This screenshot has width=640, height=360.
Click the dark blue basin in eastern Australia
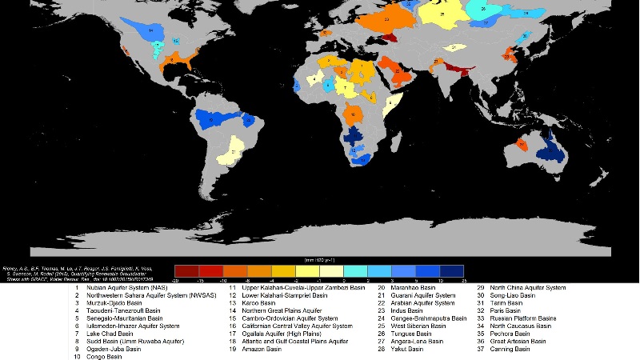pos(550,149)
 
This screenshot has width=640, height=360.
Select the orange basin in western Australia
pos(522,145)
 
